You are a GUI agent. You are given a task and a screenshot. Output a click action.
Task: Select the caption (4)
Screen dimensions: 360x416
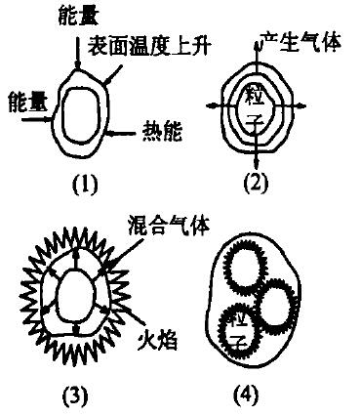pos(243,397)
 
